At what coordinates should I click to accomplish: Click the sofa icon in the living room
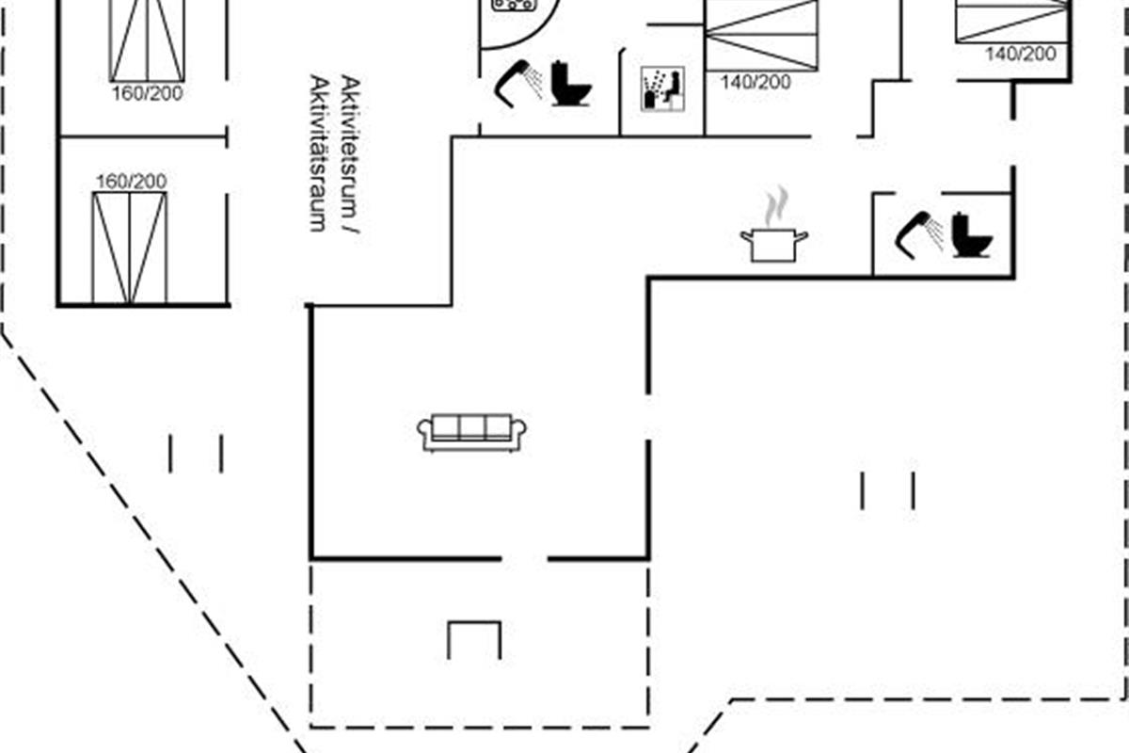471,432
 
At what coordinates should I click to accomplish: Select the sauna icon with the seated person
662,88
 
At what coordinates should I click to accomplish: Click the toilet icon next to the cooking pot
972,234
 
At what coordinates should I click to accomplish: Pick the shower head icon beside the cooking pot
919,232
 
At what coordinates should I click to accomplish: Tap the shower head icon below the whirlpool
518,80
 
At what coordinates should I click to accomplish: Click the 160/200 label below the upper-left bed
146,93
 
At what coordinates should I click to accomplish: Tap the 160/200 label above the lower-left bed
131,181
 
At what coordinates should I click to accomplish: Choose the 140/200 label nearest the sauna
755,82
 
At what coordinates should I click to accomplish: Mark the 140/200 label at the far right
1021,54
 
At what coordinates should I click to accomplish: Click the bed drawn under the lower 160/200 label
129,247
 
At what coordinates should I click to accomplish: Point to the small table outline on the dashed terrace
474,639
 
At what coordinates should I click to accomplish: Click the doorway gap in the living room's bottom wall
524,559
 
